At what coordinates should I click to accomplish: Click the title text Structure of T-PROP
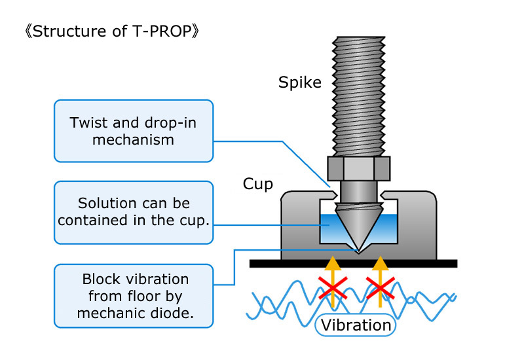112,31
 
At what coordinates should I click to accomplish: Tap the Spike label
300,82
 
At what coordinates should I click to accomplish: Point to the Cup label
257,184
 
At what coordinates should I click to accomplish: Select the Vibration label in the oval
356,325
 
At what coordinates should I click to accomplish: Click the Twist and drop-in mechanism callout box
134,131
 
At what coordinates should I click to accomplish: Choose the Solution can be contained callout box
134,212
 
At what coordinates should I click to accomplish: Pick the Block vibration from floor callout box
134,296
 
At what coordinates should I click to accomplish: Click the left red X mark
333,288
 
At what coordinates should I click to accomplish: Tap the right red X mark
381,288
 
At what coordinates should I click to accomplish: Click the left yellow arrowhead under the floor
333,263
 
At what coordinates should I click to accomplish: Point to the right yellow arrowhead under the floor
381,263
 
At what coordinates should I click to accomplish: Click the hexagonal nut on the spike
358,169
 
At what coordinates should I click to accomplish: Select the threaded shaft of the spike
358,96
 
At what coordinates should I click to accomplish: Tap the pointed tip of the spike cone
358,251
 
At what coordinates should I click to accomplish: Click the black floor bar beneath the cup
353,264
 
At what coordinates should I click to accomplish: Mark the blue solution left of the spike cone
331,228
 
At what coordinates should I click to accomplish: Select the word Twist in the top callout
89,122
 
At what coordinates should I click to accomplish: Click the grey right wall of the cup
417,227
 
